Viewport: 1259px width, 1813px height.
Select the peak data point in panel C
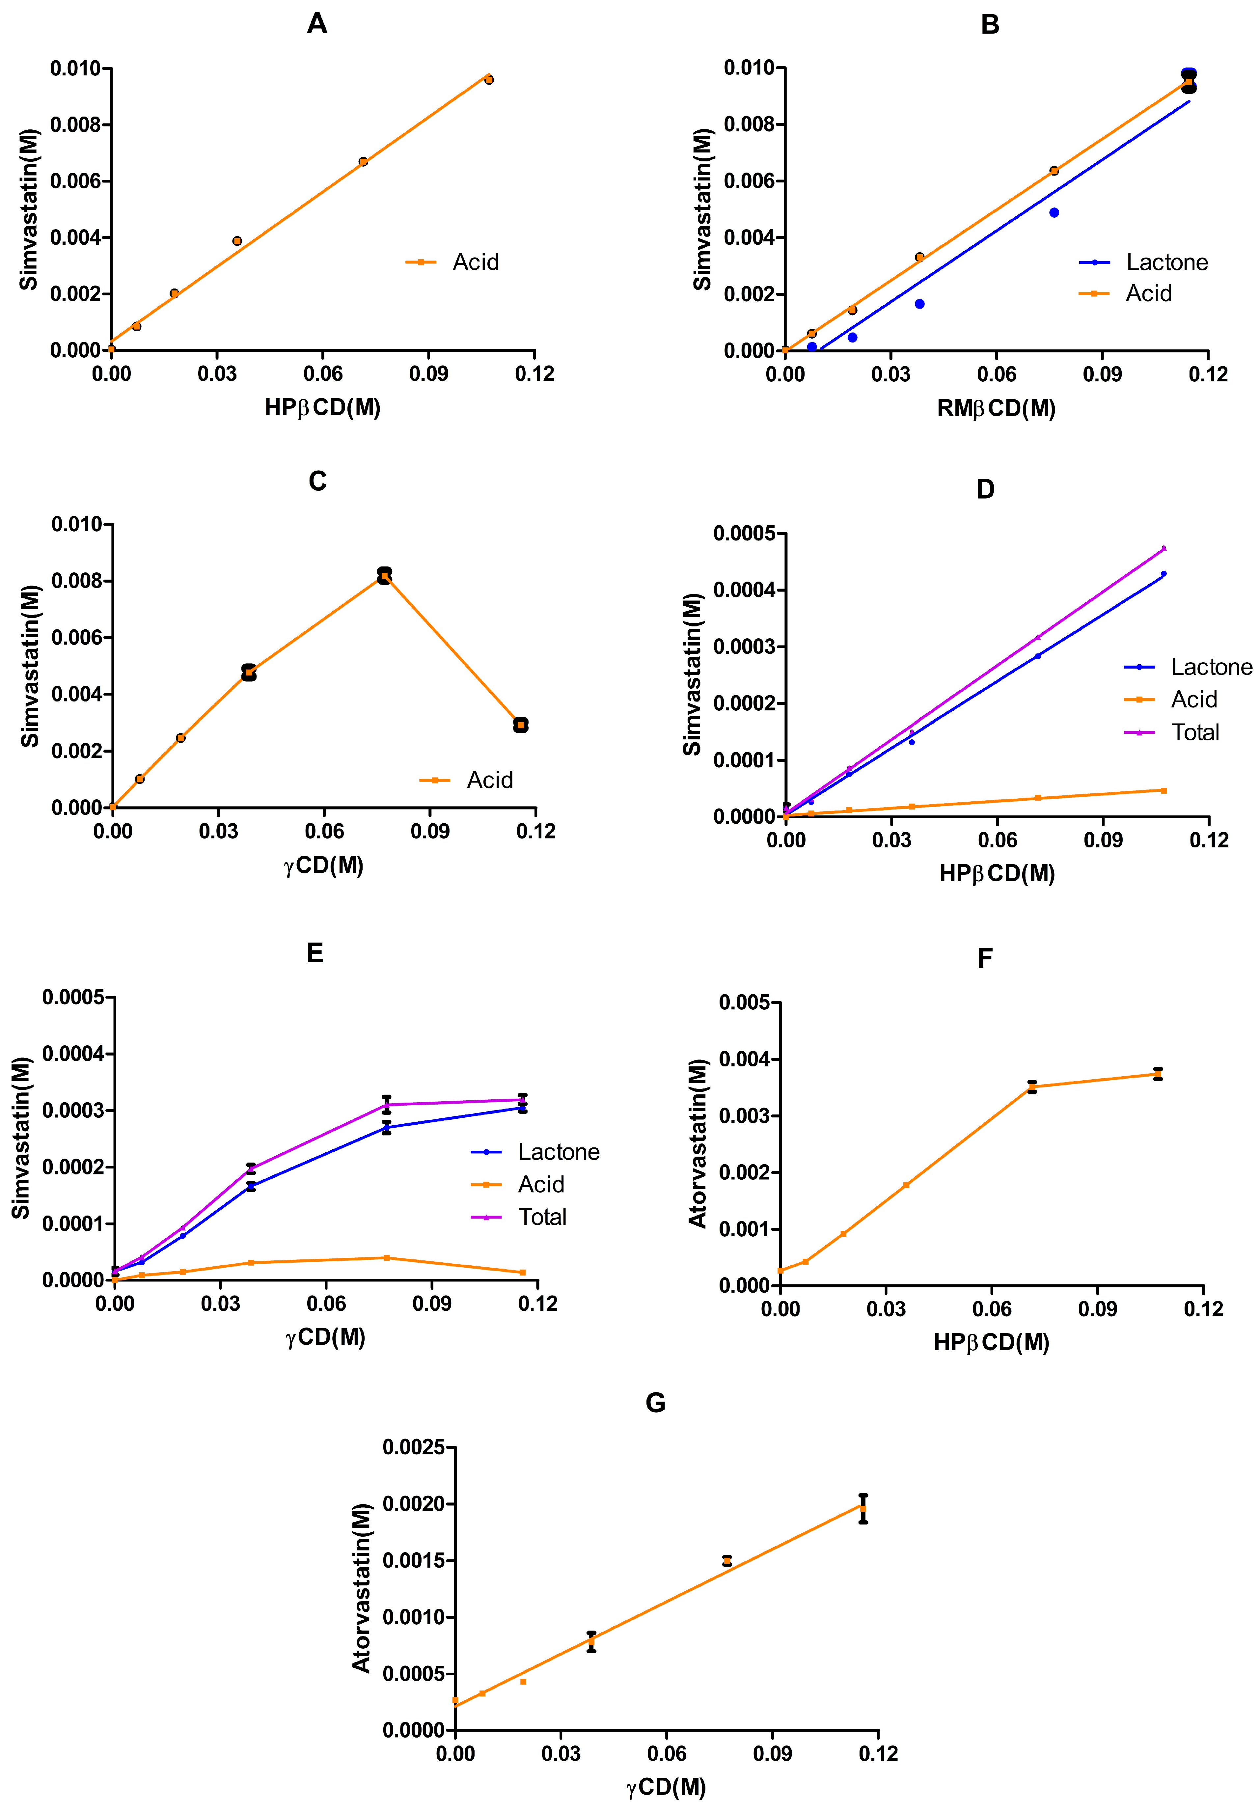coord(384,575)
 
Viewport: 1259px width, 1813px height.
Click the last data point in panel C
coord(521,724)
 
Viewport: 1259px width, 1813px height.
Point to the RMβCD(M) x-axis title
coord(996,408)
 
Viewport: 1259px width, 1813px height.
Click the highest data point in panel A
coord(489,80)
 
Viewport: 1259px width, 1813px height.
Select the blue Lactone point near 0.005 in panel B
coord(1054,212)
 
